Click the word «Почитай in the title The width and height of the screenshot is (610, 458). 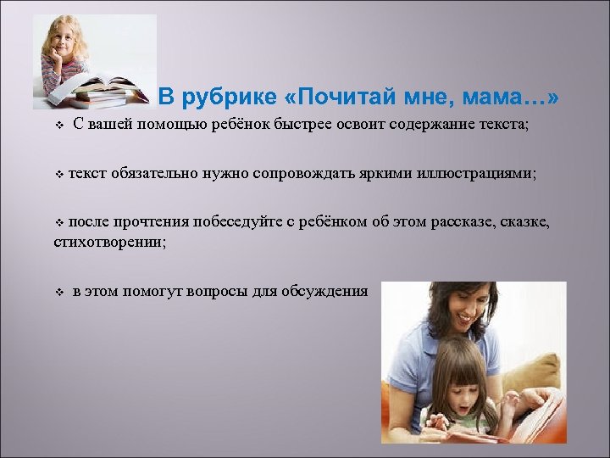click(338, 98)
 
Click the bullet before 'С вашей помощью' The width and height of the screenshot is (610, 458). click(58, 126)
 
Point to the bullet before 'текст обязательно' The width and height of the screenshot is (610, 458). click(58, 174)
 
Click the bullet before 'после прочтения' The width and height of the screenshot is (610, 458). click(58, 223)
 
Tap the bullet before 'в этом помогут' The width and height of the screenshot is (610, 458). click(58, 292)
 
